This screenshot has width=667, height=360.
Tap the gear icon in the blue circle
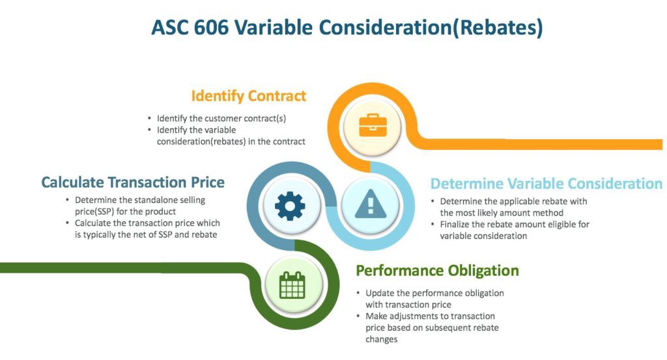pos(290,206)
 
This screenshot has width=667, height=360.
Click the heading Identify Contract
pos(248,96)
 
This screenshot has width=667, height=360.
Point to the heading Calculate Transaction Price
pos(133,182)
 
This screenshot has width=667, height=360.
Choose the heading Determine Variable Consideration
pos(546,184)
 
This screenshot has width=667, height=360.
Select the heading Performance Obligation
pos(437,270)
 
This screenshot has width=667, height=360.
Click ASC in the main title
pos(171,27)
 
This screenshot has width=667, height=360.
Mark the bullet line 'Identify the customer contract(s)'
pos(221,118)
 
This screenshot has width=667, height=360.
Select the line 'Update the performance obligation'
pos(434,293)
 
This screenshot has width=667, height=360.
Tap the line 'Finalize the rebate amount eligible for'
pos(515,225)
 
